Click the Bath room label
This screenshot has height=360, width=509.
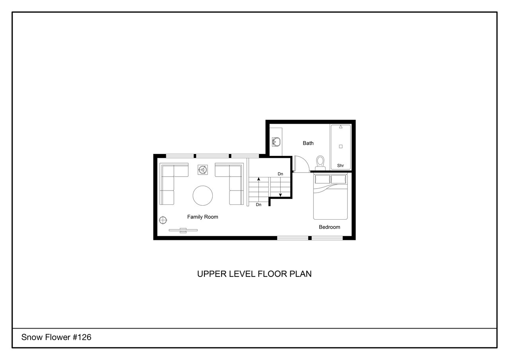tap(308, 143)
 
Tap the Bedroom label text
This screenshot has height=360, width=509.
tap(330, 227)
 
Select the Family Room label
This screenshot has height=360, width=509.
tap(202, 217)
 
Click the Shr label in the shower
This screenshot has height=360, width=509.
tap(340, 165)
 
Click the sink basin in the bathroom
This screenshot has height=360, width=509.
tap(276, 142)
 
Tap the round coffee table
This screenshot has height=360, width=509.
tap(203, 195)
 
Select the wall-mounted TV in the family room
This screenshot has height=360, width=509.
tap(183, 230)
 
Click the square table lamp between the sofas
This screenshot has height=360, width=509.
tap(203, 170)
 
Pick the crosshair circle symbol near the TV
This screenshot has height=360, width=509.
tap(163, 220)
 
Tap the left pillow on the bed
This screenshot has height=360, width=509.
tap(322, 179)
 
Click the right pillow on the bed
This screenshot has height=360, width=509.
tap(338, 179)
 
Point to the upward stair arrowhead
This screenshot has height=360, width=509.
tap(258, 179)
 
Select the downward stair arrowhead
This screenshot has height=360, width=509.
tap(280, 195)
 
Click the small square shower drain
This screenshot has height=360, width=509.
tap(341, 146)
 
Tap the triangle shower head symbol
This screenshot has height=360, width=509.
tap(341, 126)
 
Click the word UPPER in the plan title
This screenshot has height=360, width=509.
tap(212, 274)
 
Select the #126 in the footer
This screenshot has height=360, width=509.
tap(82, 337)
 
